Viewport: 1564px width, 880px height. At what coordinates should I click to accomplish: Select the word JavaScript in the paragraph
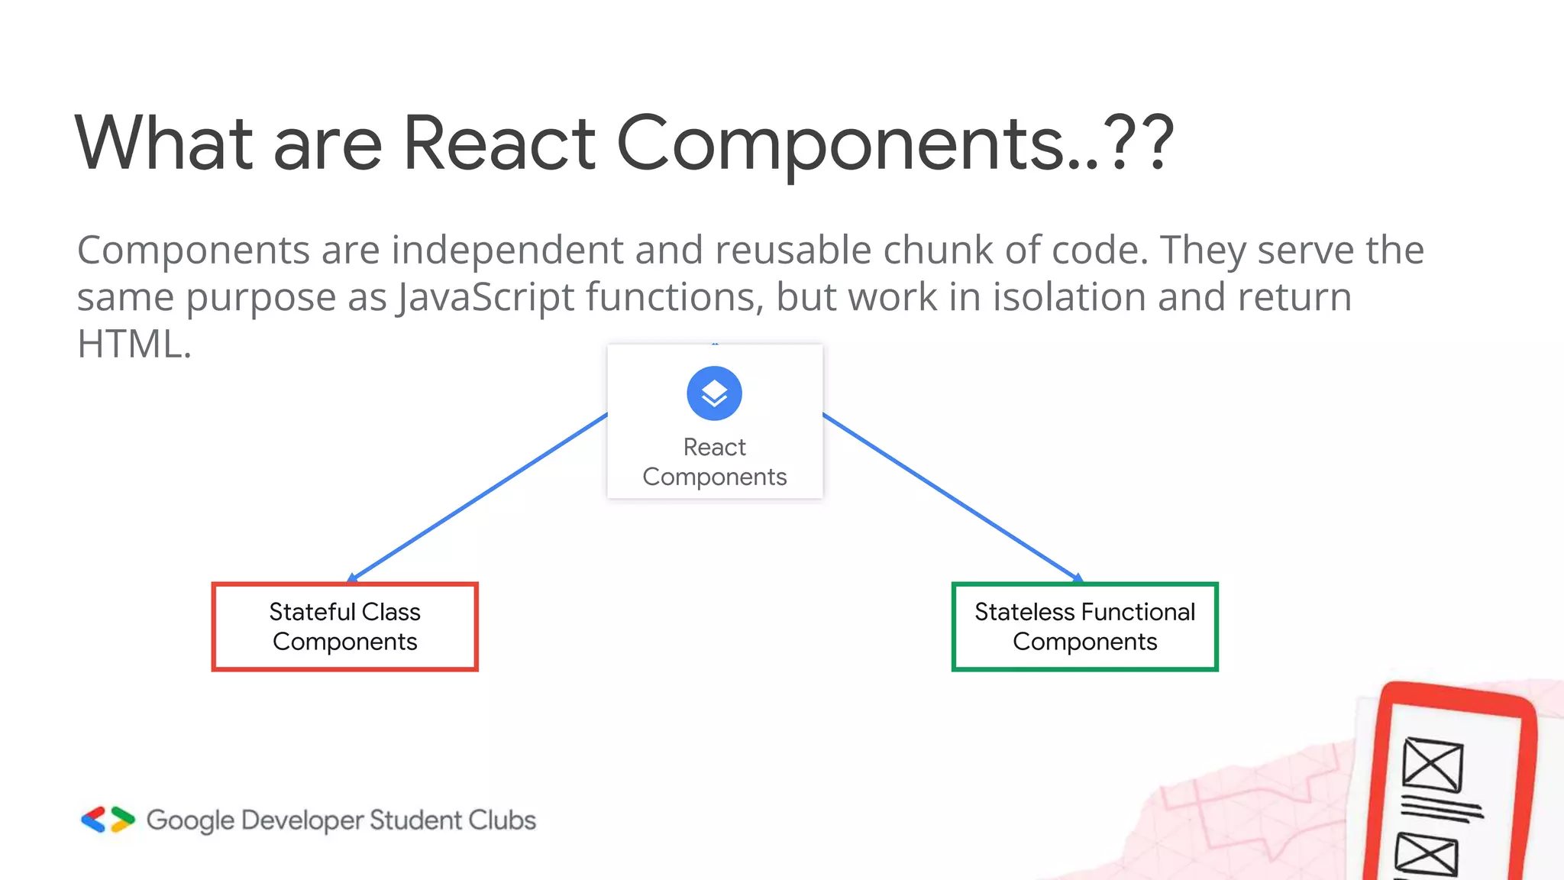[485, 297]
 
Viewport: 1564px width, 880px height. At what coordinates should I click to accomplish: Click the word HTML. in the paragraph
[134, 344]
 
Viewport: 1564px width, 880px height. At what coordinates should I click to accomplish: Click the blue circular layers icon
[714, 393]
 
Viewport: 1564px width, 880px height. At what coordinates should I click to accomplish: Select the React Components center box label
[714, 461]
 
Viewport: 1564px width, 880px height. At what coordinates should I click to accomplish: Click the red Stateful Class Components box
[344, 626]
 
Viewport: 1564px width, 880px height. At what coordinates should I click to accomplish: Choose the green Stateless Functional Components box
[1084, 626]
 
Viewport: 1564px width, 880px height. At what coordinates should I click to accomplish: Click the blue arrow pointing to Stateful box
[477, 497]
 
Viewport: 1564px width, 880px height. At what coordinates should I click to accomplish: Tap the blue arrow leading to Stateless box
[951, 497]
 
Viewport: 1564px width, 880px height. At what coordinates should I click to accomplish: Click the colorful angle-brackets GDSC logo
[108, 820]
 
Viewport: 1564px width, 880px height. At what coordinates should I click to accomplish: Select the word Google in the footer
[190, 820]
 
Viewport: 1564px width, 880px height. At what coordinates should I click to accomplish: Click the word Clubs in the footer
[502, 820]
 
